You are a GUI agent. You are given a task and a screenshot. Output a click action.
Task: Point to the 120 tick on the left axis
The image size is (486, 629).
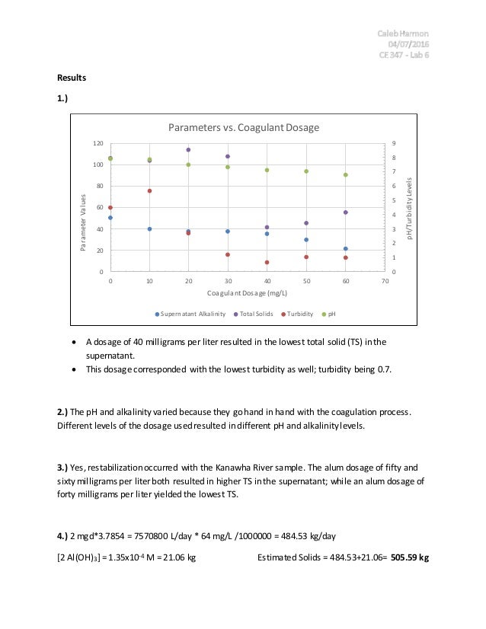[x=98, y=143]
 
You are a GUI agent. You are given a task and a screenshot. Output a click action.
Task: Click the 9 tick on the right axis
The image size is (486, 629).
[x=394, y=143]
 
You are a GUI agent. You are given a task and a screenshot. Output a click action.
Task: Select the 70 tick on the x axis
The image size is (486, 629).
[x=385, y=282]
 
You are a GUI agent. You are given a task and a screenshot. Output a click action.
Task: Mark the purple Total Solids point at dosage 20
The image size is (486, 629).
[x=188, y=150]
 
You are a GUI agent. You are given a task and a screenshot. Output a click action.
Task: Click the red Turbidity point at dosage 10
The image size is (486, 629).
[x=149, y=191]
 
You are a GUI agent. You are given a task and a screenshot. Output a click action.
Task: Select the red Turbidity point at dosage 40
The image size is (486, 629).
[x=267, y=262]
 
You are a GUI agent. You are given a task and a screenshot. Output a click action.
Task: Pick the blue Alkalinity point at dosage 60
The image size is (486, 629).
[x=345, y=249]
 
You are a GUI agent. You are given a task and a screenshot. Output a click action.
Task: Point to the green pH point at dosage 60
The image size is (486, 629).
[x=345, y=174]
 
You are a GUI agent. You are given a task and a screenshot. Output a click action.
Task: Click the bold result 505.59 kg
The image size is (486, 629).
[x=410, y=557]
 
